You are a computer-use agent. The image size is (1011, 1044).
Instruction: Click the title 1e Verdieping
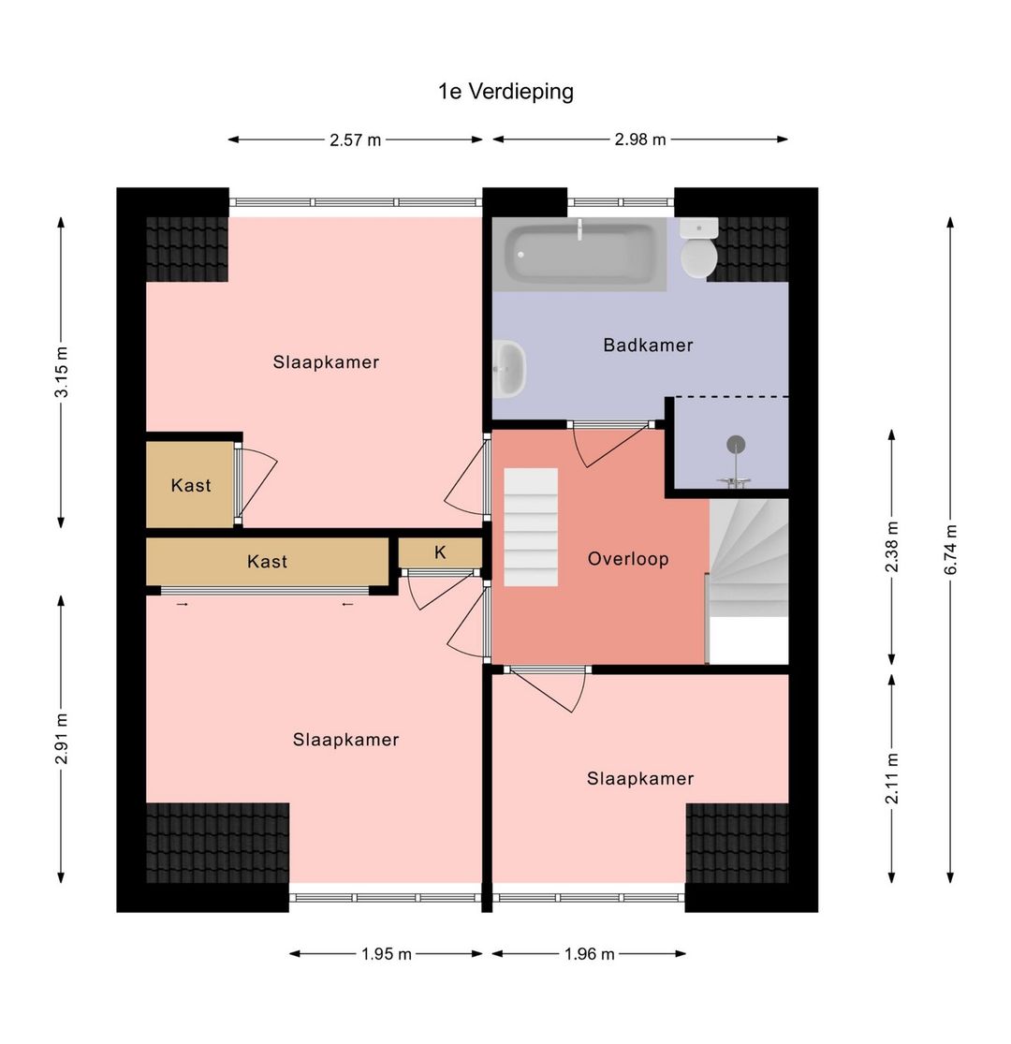[505, 92]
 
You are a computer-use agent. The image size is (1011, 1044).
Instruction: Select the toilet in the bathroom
[698, 249]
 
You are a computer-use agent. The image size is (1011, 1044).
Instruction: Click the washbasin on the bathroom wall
[509, 368]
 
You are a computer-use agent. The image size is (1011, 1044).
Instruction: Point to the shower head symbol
[736, 446]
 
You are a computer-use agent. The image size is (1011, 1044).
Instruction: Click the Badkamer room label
[648, 346]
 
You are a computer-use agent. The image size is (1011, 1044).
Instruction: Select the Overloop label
[628, 559]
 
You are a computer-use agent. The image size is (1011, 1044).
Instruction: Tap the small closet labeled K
[440, 553]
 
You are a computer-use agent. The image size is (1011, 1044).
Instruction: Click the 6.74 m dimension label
[950, 551]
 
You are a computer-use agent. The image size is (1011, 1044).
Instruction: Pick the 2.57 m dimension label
[355, 140]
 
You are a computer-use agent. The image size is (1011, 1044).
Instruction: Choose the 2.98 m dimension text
[640, 140]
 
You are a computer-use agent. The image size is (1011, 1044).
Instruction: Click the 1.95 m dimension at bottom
[387, 954]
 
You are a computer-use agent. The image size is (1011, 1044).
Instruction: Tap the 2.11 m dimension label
[892, 778]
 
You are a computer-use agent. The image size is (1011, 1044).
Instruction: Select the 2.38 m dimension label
[892, 546]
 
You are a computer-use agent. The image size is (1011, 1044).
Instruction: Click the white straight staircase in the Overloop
[531, 527]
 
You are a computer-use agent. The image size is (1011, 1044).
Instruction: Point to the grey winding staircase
[748, 558]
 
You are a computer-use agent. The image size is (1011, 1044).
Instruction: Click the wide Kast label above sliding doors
[267, 562]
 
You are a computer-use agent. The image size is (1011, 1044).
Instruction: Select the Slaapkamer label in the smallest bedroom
[640, 779]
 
